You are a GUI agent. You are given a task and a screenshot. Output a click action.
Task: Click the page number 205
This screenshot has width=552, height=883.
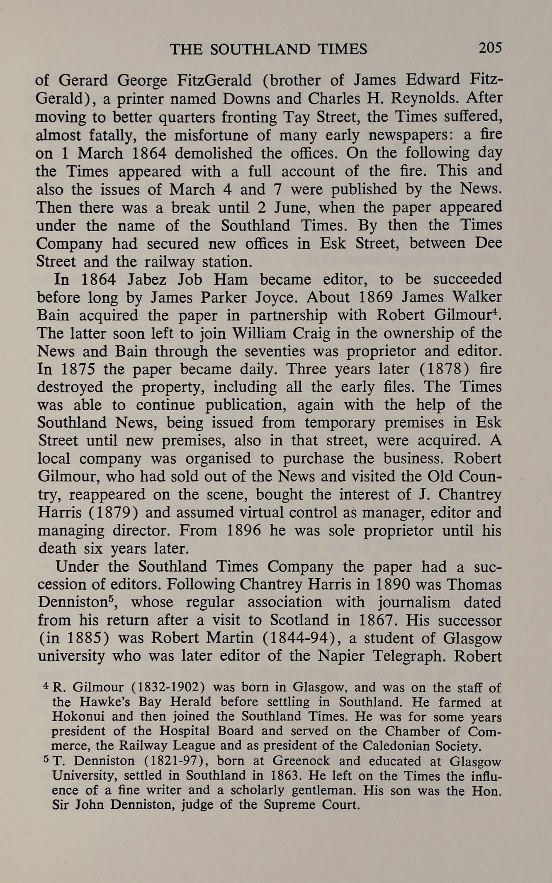click(x=490, y=49)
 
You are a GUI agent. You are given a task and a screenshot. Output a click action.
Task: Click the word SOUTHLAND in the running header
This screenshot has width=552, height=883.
click(x=260, y=50)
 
